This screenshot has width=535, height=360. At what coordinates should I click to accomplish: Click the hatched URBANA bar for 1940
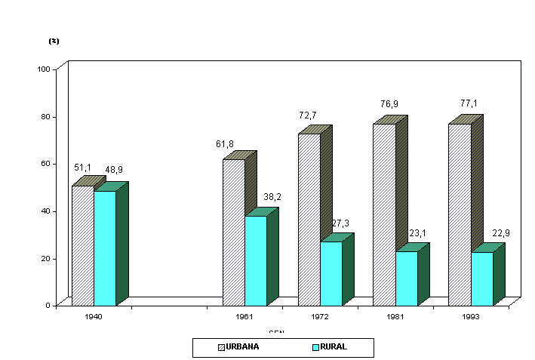pos(82,245)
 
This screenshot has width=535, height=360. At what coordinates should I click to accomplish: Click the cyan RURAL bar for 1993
pos(482,278)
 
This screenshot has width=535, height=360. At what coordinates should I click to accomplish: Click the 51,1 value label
pos(83,167)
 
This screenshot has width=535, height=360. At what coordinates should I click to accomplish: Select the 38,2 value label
pos(272,197)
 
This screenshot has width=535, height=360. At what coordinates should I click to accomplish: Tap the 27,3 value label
pos(340,223)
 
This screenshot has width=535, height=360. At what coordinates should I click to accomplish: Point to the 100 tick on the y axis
pos(43,69)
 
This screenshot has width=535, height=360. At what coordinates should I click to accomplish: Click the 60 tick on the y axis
pos(45,163)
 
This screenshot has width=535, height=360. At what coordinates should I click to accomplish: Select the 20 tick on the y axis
pos(45,258)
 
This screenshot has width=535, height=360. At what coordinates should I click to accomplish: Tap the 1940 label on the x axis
pos(94,318)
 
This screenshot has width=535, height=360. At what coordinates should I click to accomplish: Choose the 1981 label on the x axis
pos(395,318)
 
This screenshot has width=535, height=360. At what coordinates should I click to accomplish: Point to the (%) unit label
pos(54,41)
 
